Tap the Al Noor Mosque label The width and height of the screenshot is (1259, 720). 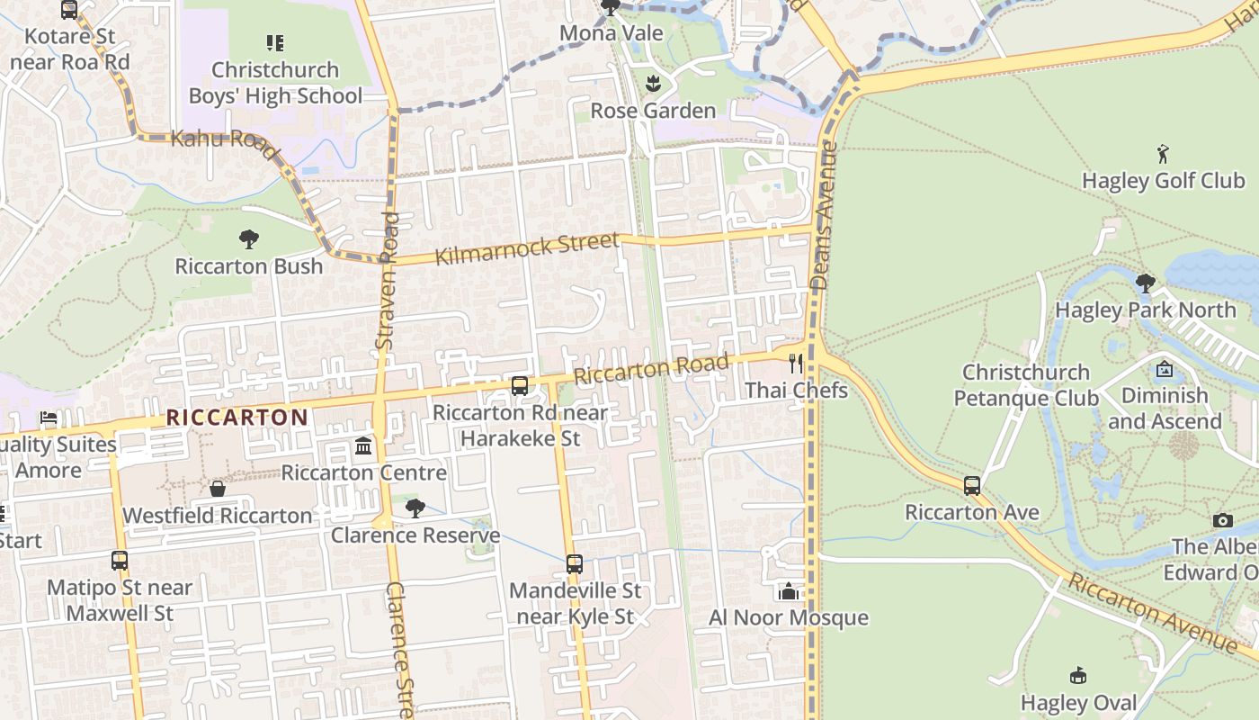[789, 617]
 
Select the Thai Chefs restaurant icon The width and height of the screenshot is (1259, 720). [795, 364]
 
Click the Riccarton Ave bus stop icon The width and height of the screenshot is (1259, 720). [972, 486]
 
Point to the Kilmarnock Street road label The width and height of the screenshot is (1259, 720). [527, 249]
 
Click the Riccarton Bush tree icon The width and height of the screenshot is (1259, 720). [249, 239]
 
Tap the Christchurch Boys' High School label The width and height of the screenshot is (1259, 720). [275, 83]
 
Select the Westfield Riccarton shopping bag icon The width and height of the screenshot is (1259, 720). [218, 489]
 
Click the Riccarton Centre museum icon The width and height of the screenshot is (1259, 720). [363, 446]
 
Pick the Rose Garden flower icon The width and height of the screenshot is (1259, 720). [653, 85]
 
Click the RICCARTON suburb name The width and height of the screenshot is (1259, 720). [237, 418]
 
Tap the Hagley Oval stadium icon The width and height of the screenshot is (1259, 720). [1078, 676]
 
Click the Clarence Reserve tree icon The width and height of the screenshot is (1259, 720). [415, 508]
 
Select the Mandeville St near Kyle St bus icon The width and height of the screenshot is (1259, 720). [575, 564]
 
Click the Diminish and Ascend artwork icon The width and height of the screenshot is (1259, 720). [1165, 369]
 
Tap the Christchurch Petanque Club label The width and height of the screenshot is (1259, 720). [1026, 385]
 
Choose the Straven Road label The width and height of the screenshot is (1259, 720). [386, 281]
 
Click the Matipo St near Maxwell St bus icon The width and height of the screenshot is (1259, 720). [120, 561]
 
